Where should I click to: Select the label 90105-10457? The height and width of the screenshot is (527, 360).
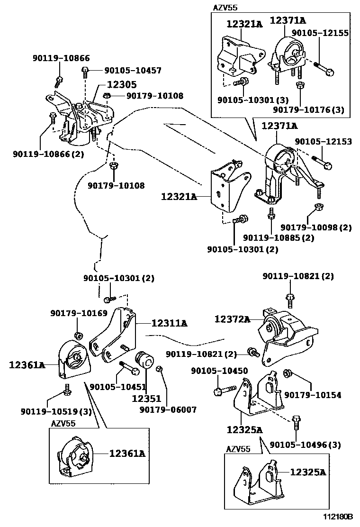(x=133, y=71)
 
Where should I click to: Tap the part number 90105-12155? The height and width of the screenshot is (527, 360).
(x=320, y=33)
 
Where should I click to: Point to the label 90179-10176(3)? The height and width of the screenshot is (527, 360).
(x=308, y=110)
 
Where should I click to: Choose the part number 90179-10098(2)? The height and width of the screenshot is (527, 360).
(x=316, y=227)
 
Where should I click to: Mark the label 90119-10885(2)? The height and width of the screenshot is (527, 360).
(x=279, y=238)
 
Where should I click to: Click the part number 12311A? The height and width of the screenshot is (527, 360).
(x=169, y=323)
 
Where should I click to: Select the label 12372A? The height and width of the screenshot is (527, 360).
(x=232, y=319)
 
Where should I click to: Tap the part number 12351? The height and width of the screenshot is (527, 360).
(x=146, y=399)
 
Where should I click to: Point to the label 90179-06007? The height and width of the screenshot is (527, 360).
(x=168, y=409)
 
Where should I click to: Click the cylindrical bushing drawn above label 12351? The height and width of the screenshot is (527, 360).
(x=144, y=361)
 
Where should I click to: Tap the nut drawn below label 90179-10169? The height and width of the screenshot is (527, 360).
(x=79, y=336)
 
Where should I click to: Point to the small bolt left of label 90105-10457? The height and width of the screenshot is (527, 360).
(x=85, y=72)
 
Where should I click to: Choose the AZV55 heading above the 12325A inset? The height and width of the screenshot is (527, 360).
(x=238, y=449)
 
